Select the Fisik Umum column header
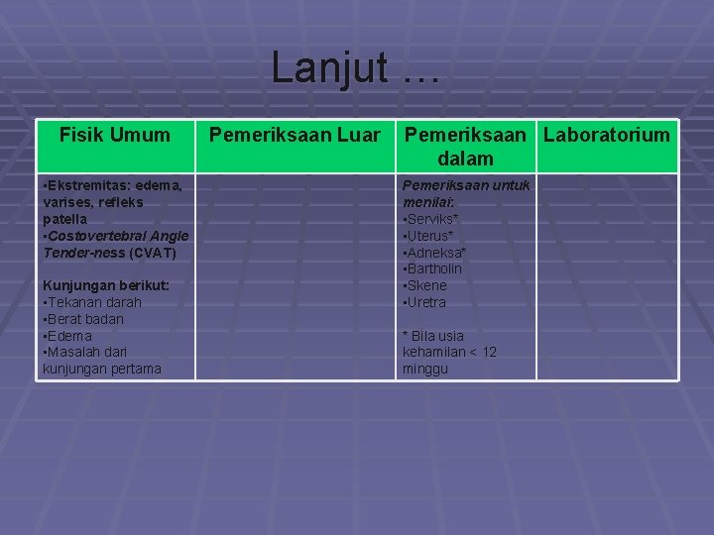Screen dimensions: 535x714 point(115,135)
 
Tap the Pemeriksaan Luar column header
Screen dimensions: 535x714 point(295,135)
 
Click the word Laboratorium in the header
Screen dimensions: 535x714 point(606,135)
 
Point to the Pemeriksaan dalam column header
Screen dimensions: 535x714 point(466,145)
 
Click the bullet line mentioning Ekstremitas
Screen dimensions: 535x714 point(111,185)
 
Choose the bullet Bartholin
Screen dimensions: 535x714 point(433,268)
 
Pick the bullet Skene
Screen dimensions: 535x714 point(427,285)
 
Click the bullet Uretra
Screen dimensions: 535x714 point(427,302)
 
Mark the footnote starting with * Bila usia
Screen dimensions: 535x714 point(449,352)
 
